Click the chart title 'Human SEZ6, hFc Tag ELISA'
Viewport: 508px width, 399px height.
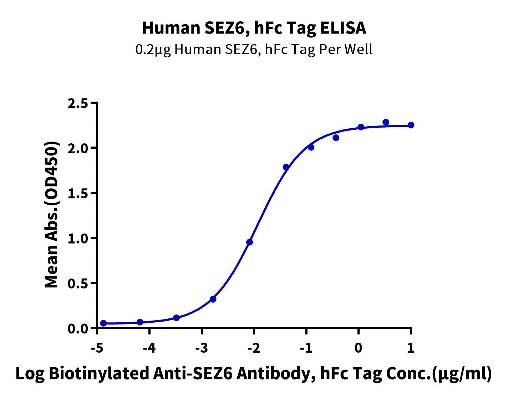pyautogui.click(x=254, y=28)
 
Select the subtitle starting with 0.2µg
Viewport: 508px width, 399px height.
pyautogui.click(x=254, y=49)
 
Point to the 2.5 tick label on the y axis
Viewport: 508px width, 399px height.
pyautogui.click(x=77, y=103)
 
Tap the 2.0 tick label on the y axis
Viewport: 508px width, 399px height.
pyautogui.click(x=77, y=148)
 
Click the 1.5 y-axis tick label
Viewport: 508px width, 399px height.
pyautogui.click(x=77, y=193)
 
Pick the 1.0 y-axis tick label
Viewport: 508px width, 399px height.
pyautogui.click(x=77, y=238)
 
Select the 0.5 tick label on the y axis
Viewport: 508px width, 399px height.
pyautogui.click(x=77, y=283)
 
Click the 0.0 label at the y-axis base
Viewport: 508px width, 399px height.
pyautogui.click(x=77, y=328)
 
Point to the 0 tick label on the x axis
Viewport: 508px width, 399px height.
pyautogui.click(x=359, y=348)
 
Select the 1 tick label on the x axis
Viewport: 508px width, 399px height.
pyautogui.click(x=411, y=348)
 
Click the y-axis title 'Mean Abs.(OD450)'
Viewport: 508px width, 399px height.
pyautogui.click(x=52, y=215)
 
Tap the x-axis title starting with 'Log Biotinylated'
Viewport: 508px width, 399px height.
pyautogui.click(x=254, y=373)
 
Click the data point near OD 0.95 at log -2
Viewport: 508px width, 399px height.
pyautogui.click(x=249, y=242)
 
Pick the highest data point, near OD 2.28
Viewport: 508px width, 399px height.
pyautogui.click(x=386, y=122)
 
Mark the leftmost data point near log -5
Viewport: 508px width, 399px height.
pyautogui.click(x=103, y=323)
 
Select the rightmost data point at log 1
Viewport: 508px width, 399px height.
pyautogui.click(x=411, y=125)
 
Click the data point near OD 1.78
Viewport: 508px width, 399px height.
pyautogui.click(x=286, y=167)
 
